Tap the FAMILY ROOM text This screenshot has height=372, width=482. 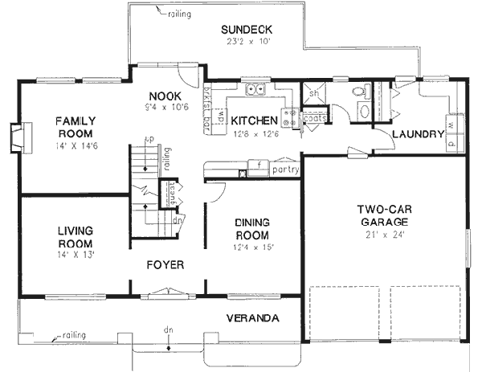pyautogui.click(x=75, y=127)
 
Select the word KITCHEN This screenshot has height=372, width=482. pyautogui.click(x=254, y=121)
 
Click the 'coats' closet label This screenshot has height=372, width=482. pyautogui.click(x=315, y=117)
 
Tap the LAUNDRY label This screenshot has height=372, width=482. pyautogui.click(x=418, y=134)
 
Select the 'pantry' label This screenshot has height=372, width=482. pyautogui.click(x=285, y=170)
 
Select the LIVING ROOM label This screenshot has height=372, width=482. pyautogui.click(x=75, y=237)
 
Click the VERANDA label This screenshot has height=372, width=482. pyautogui.click(x=252, y=319)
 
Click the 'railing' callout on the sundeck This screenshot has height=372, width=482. pyautogui.click(x=179, y=14)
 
